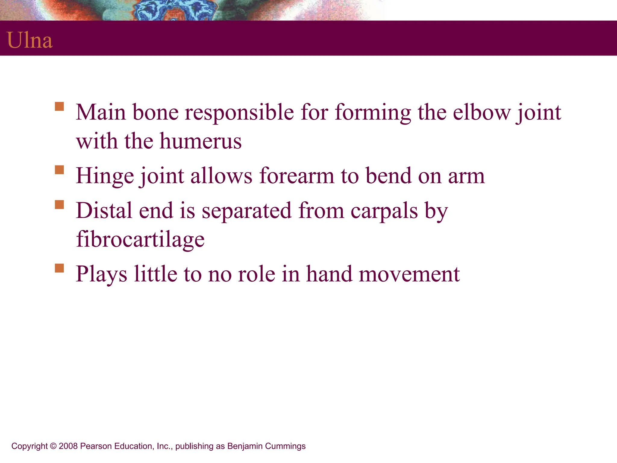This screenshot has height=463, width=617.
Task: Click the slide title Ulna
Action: (x=30, y=40)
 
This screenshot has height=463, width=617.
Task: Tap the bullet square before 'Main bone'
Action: (x=59, y=107)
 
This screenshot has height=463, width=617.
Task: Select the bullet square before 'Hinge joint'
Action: (x=59, y=170)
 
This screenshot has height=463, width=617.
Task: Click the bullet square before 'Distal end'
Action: (x=59, y=205)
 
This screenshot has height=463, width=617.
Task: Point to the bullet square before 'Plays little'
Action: (x=59, y=268)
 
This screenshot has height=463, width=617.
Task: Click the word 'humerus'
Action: (x=200, y=141)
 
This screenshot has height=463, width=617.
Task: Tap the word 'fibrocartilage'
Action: (x=140, y=239)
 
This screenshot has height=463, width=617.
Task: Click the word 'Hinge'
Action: (x=105, y=176)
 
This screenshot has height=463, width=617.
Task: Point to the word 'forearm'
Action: (x=296, y=176)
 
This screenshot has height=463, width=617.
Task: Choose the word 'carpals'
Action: (x=384, y=211)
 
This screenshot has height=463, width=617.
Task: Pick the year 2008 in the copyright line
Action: (x=68, y=446)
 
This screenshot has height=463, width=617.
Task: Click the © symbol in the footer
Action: (x=53, y=446)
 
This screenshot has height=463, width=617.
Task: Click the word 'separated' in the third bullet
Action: (x=246, y=211)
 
